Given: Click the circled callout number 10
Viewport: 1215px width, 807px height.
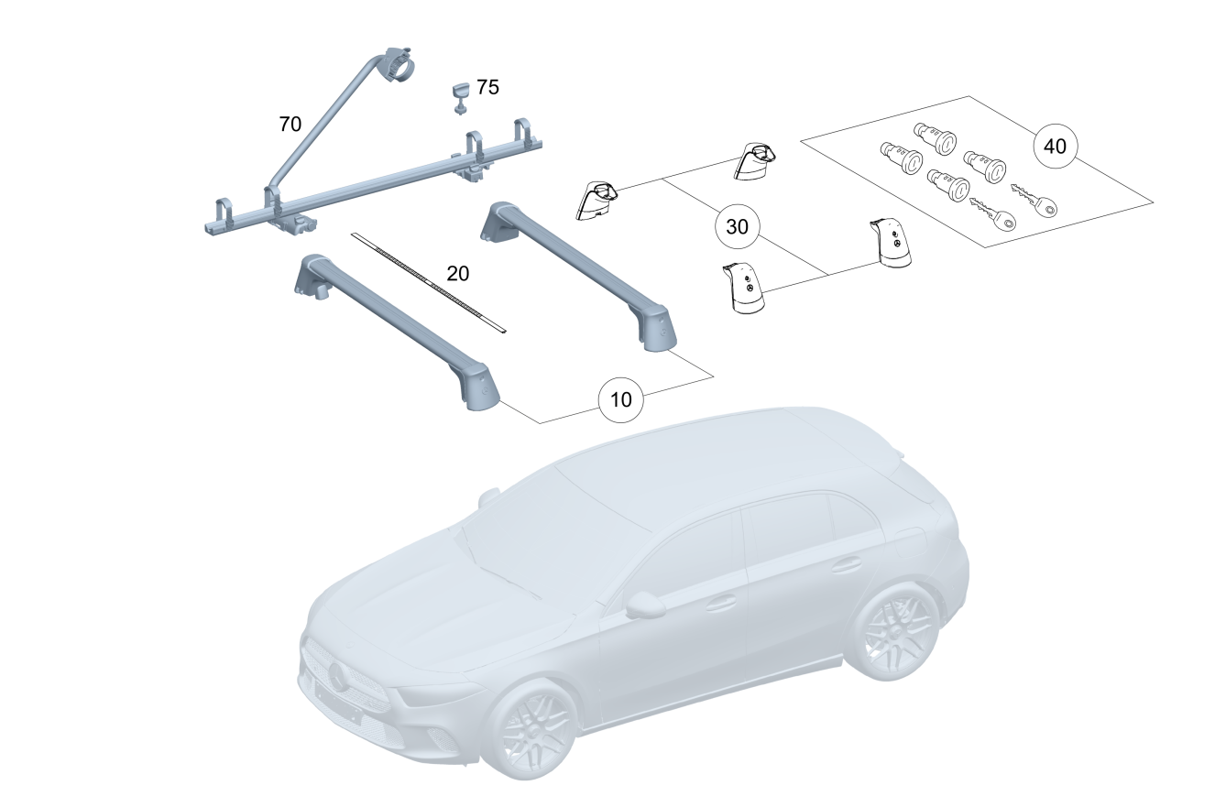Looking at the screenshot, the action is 621,400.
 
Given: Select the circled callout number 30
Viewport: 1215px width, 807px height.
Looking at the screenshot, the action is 737,226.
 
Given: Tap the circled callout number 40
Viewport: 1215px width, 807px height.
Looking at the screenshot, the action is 1055,146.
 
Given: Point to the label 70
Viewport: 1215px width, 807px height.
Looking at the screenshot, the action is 290,125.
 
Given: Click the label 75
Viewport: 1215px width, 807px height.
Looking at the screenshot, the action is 487,87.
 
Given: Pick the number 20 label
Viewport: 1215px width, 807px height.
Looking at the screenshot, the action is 458,273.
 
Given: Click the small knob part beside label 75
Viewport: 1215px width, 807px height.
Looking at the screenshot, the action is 461,99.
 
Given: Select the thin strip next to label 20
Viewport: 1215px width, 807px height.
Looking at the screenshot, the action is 429,282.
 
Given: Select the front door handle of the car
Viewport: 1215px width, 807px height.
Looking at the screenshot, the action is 720,603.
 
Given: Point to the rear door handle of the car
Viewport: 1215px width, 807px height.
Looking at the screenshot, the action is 846,564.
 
